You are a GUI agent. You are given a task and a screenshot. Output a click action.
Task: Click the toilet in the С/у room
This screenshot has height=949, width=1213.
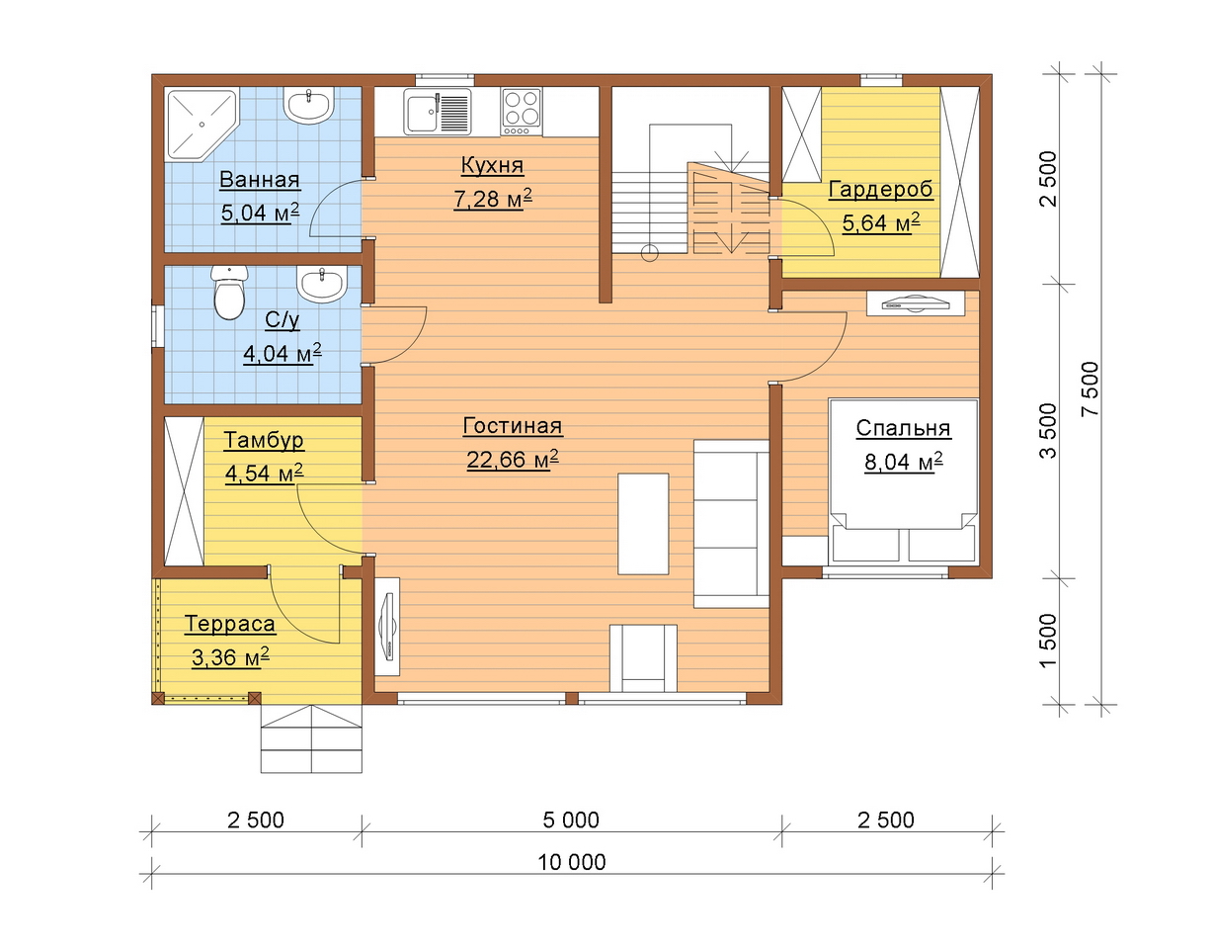tap(229, 293)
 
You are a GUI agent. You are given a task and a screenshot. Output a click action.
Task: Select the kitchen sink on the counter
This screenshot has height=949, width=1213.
tap(437, 112)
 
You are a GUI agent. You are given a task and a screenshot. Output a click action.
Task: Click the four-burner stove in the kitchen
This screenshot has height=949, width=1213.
tap(522, 112)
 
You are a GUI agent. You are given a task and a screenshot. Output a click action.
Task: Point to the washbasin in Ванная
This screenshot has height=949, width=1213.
tap(309, 105)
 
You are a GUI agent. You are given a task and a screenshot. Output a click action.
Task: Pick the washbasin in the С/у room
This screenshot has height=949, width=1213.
tap(322, 283)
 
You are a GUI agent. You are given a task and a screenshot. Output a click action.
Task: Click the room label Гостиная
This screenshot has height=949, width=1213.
tap(513, 426)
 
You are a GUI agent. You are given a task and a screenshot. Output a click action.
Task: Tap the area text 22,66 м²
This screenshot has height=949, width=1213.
tap(513, 459)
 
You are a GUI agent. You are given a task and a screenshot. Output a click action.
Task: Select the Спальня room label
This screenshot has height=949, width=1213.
tap(903, 428)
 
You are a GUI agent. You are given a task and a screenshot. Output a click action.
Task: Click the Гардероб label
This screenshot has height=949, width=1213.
tap(880, 190)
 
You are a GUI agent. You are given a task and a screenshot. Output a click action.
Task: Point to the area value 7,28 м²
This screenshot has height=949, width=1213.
tap(492, 199)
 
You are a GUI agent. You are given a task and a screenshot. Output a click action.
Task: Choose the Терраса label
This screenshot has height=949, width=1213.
tap(229, 624)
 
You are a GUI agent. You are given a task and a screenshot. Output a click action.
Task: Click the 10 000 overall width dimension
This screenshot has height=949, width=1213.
tap(572, 862)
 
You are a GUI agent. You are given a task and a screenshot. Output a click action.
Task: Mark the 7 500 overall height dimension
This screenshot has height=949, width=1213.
tap(1091, 388)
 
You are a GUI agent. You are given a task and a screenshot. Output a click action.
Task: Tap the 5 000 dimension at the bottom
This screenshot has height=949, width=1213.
tap(571, 820)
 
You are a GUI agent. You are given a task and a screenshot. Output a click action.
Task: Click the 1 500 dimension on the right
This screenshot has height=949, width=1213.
tap(1048, 641)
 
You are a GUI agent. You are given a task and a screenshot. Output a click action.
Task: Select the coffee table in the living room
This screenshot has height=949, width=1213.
tap(643, 524)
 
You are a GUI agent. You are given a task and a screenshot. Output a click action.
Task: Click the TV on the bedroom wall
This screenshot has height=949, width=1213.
tap(916, 303)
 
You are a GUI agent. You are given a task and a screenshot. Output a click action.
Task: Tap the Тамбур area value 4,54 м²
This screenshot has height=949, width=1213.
tap(264, 474)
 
